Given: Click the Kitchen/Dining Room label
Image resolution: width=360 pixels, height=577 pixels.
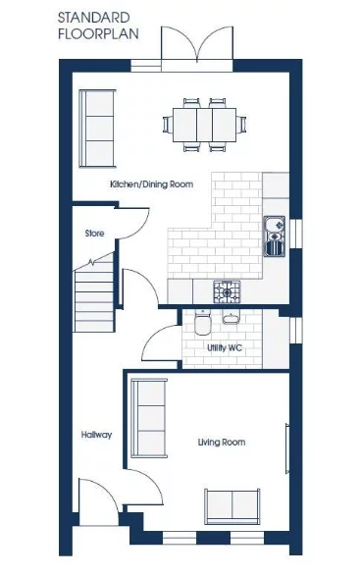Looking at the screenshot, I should click(x=151, y=184).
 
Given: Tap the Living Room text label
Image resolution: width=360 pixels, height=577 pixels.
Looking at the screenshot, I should click(x=221, y=443).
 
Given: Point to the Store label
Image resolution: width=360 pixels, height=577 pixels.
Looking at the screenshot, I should click(x=94, y=234).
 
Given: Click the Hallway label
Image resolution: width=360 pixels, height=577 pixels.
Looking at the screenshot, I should click(x=96, y=435).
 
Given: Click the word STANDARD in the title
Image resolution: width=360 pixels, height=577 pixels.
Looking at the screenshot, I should click(x=93, y=17).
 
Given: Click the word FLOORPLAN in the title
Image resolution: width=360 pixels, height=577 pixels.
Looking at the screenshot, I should click(x=97, y=32).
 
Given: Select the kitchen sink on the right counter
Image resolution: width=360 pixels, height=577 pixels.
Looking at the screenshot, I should click(x=274, y=236).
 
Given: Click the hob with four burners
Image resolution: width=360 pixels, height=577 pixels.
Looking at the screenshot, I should click(x=227, y=291).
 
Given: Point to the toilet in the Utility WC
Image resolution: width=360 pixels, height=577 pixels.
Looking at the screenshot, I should click(x=203, y=323).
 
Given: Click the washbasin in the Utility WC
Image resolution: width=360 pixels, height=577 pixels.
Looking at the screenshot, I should click(x=231, y=318).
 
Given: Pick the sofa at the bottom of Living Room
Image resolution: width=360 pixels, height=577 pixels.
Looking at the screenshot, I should click(x=231, y=505).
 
